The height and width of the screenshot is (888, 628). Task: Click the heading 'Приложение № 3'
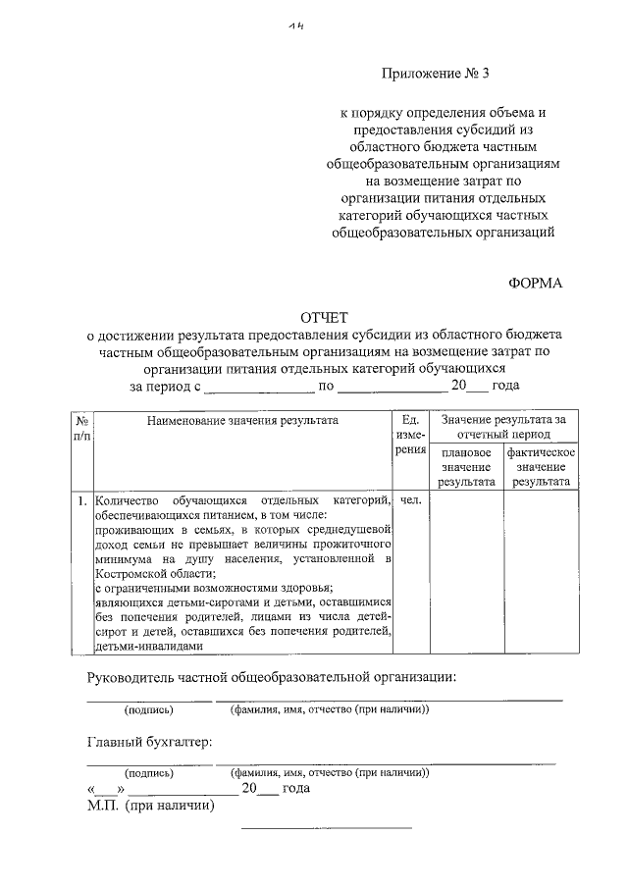(439, 76)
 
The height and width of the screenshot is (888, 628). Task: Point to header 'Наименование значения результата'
(242, 420)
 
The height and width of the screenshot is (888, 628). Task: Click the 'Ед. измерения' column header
(411, 434)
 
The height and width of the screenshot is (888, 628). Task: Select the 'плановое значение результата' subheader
(465, 467)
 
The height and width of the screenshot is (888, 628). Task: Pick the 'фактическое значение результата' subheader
(541, 467)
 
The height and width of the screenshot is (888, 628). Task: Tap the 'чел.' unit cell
(411, 500)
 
